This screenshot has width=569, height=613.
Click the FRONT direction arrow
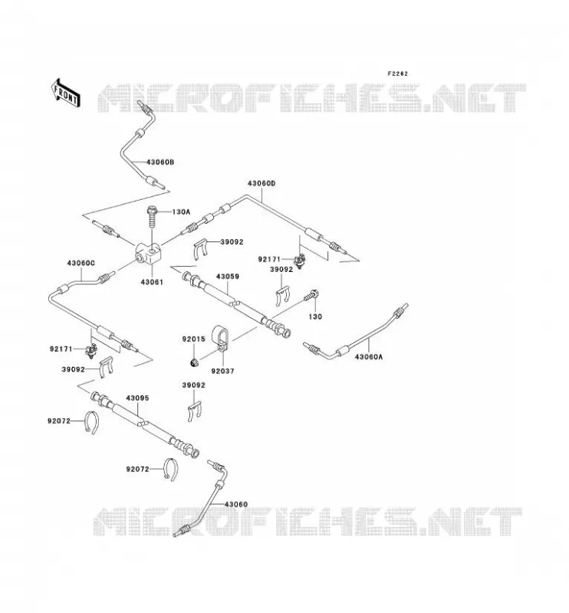coord(65,93)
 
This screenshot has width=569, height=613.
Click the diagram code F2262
coord(397,74)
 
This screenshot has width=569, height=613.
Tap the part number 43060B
coord(160,162)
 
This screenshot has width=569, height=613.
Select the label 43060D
coord(261,183)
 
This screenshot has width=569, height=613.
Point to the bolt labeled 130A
coord(151,219)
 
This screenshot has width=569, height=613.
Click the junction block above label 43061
coord(148,253)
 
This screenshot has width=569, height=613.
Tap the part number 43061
coord(152,282)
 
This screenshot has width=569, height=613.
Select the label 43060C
coord(81,263)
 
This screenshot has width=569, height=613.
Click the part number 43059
coord(227,277)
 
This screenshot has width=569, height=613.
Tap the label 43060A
coord(369,356)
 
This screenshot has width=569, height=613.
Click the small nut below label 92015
coord(193,363)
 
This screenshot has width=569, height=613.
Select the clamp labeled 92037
coord(221,339)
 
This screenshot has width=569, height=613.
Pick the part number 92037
coord(222,371)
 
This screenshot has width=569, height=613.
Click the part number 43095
coord(137,398)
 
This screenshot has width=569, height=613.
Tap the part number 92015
coord(193,339)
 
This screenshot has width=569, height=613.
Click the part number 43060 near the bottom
coord(236,504)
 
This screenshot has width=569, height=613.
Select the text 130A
coord(181,212)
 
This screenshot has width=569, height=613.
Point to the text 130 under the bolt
coord(315,316)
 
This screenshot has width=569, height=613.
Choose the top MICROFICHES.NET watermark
coord(311,98)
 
